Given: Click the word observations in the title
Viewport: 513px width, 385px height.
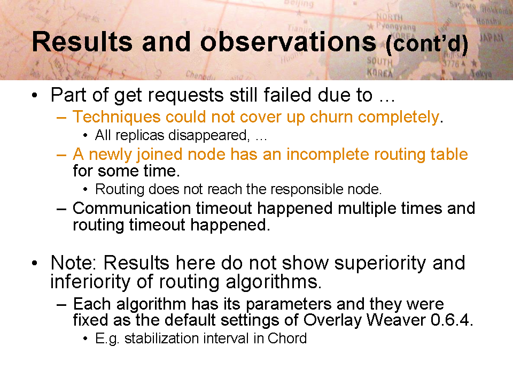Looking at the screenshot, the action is pos(288,42).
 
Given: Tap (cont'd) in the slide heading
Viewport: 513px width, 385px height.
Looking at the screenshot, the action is pos(427,44).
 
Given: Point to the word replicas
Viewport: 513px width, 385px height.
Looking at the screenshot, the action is pos(139,135).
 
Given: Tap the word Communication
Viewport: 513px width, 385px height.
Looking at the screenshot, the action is pos(131,208).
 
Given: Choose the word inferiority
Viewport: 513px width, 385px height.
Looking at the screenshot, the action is pos(91,282).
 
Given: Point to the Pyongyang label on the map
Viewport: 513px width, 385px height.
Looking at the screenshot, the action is pos(395,26).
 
